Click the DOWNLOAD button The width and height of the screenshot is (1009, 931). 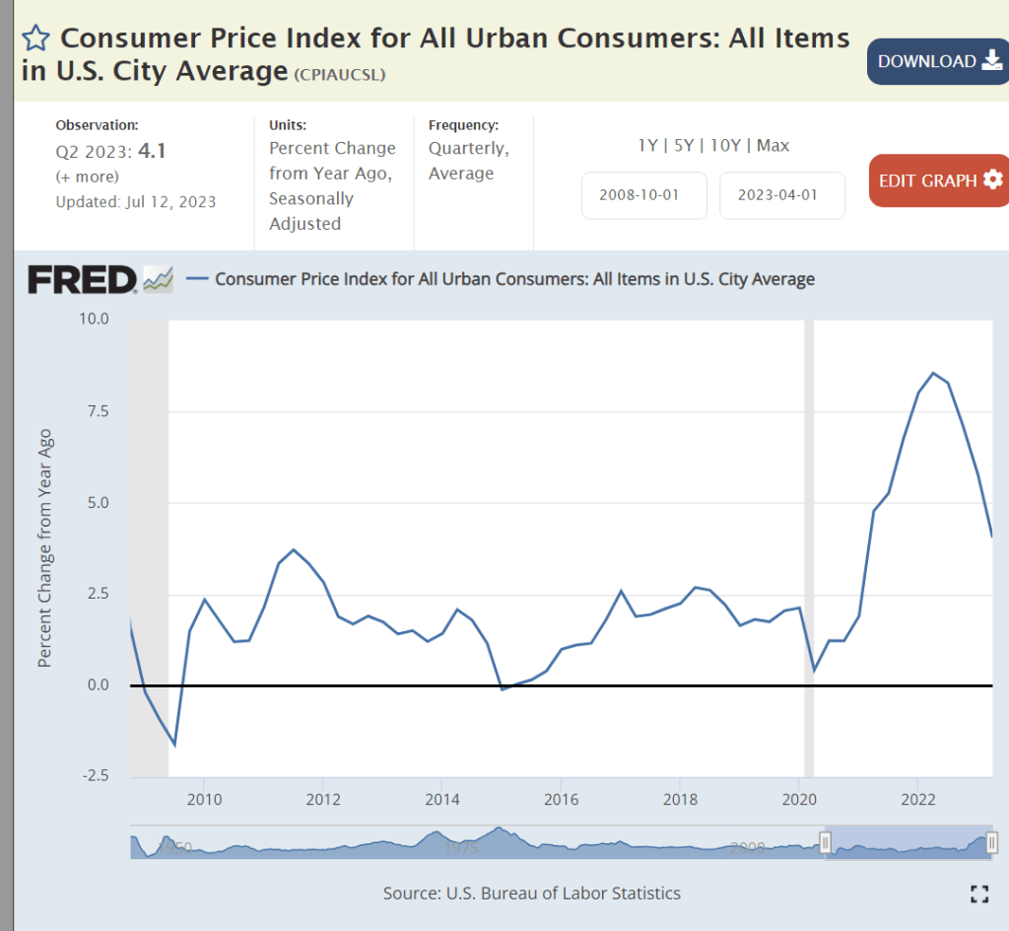click(x=937, y=61)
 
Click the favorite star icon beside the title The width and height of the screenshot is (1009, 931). click(x=35, y=38)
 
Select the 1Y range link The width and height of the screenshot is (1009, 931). click(x=647, y=145)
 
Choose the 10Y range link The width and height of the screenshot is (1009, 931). click(x=724, y=145)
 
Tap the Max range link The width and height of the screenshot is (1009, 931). click(x=773, y=145)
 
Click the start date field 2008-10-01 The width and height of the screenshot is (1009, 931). click(x=644, y=195)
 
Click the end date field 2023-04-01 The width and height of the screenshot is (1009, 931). click(x=782, y=195)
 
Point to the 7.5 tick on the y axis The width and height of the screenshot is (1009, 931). click(x=97, y=411)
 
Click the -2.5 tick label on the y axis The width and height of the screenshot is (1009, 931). click(x=94, y=776)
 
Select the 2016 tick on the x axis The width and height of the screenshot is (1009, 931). click(x=561, y=798)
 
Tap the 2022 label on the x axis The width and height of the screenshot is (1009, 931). click(x=918, y=798)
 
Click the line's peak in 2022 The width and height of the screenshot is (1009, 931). click(x=933, y=373)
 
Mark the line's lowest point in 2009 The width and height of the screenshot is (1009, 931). click(x=174, y=745)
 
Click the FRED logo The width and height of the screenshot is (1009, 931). click(x=83, y=279)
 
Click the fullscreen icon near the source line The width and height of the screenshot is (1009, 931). click(x=978, y=894)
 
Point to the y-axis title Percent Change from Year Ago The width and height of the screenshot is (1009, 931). click(x=44, y=547)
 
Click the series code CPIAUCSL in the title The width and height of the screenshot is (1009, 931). click(x=339, y=74)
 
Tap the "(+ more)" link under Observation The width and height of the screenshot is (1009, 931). click(x=87, y=177)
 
